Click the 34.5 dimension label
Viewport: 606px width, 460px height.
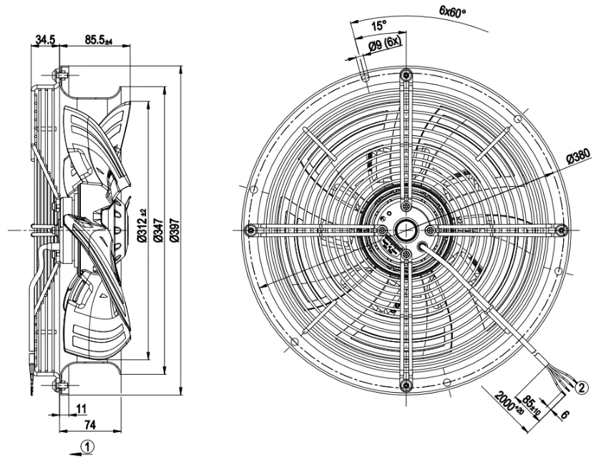pyautogui.click(x=45, y=39)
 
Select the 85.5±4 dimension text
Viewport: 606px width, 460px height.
pyautogui.click(x=99, y=39)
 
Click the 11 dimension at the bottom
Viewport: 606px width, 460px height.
pyautogui.click(x=81, y=408)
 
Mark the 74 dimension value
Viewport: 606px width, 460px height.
pyautogui.click(x=89, y=425)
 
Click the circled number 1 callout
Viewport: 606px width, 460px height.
pyautogui.click(x=87, y=447)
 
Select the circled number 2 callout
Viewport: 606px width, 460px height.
pyautogui.click(x=582, y=387)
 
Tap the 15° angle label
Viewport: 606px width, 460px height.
pyautogui.click(x=378, y=26)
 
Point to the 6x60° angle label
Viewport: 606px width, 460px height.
pyautogui.click(x=453, y=11)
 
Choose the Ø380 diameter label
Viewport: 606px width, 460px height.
pyautogui.click(x=579, y=156)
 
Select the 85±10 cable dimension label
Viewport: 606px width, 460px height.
pyautogui.click(x=532, y=405)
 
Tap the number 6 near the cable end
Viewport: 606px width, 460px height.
pyautogui.click(x=565, y=415)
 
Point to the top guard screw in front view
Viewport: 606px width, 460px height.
pyautogui.click(x=405, y=75)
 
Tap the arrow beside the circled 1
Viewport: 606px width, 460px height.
pyautogui.click(x=75, y=452)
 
